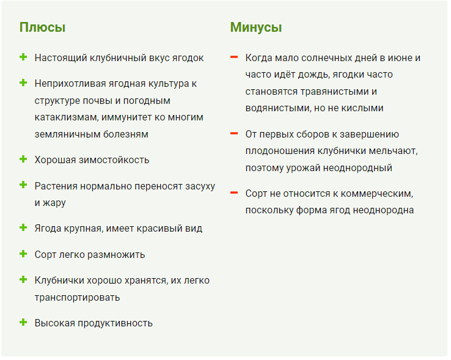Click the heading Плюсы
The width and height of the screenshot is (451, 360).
pyautogui.click(x=42, y=28)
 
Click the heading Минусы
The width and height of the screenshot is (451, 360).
pyautogui.click(x=255, y=28)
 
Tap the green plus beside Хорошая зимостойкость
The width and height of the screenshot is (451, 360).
pyautogui.click(x=23, y=159)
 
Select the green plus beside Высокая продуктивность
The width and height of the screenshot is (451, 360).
pyautogui.click(x=23, y=322)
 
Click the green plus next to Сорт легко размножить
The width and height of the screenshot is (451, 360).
pyautogui.click(x=23, y=254)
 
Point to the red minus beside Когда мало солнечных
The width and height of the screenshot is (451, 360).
pyautogui.click(x=234, y=57)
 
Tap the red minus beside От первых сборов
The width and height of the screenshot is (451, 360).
pyautogui.click(x=234, y=133)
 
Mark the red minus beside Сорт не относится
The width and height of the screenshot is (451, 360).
pyautogui.click(x=234, y=193)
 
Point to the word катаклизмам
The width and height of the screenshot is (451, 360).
pyautogui.click(x=67, y=117)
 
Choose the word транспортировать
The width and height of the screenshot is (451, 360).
pyautogui.click(x=77, y=297)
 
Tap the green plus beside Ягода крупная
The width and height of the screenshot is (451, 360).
pyautogui.click(x=23, y=227)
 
